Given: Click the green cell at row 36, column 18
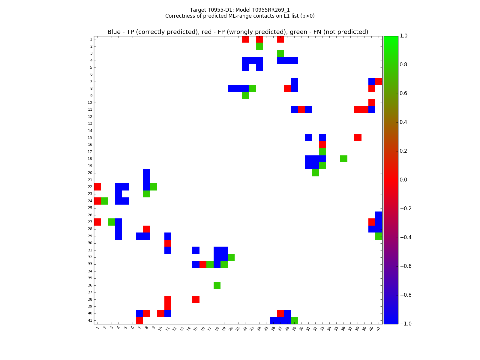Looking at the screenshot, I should click(x=217, y=285).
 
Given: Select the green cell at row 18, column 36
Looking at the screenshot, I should click(x=344, y=159).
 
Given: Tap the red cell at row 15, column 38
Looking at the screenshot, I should click(x=358, y=138).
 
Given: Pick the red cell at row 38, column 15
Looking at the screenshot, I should click(x=196, y=299).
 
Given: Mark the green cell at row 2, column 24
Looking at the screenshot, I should click(x=259, y=46).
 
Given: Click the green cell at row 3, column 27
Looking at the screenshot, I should click(x=280, y=53).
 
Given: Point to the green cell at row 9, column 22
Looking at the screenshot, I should click(x=245, y=95).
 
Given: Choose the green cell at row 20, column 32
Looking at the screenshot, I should click(x=315, y=173).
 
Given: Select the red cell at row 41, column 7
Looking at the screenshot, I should click(x=139, y=320).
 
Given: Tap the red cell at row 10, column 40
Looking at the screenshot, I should click(x=372, y=103).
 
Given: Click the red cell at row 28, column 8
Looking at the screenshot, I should click(x=147, y=229).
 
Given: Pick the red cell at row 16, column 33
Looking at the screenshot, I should click(x=322, y=145).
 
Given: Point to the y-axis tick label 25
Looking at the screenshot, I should click(x=90, y=208).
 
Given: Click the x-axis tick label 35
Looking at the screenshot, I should click(x=336, y=328).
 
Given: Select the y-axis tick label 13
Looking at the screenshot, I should click(x=90, y=124).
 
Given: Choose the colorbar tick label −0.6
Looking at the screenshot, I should click(x=406, y=266).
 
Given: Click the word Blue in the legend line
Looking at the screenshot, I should click(x=114, y=32).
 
